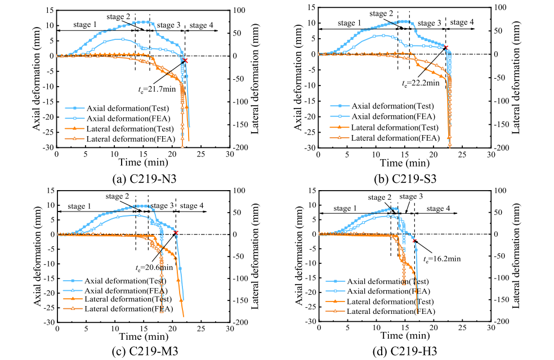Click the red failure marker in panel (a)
click(x=184, y=60)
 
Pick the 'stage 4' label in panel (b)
click(x=462, y=22)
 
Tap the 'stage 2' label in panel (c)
click(x=119, y=196)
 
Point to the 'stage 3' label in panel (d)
click(x=411, y=196)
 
